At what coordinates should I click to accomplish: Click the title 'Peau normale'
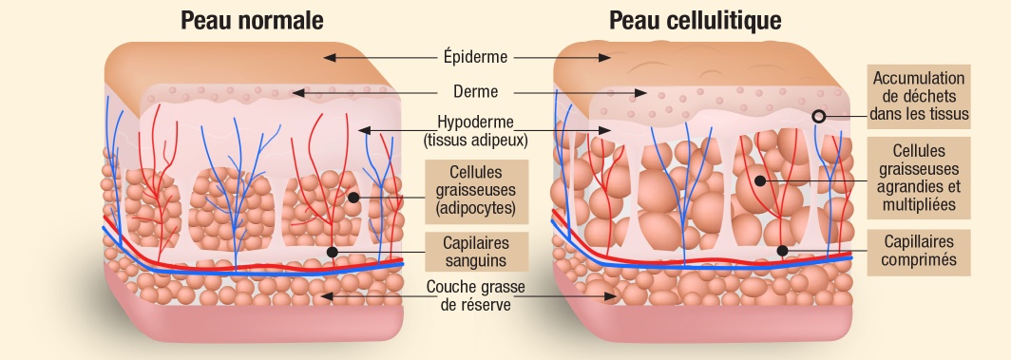tap(252, 20)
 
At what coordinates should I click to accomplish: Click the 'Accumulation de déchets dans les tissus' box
tap(918, 98)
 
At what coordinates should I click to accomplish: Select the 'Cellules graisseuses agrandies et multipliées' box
tap(918, 177)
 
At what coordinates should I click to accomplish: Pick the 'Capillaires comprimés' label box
tap(918, 250)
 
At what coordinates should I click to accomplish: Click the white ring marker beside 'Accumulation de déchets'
tap(817, 117)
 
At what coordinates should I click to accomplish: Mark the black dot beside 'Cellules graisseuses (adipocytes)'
tap(353, 197)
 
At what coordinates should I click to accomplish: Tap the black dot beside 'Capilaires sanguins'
tap(332, 252)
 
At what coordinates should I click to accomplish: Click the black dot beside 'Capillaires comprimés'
tap(782, 251)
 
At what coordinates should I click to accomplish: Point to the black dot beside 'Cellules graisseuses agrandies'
tap(760, 178)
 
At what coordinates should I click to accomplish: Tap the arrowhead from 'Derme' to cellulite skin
tap(643, 93)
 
